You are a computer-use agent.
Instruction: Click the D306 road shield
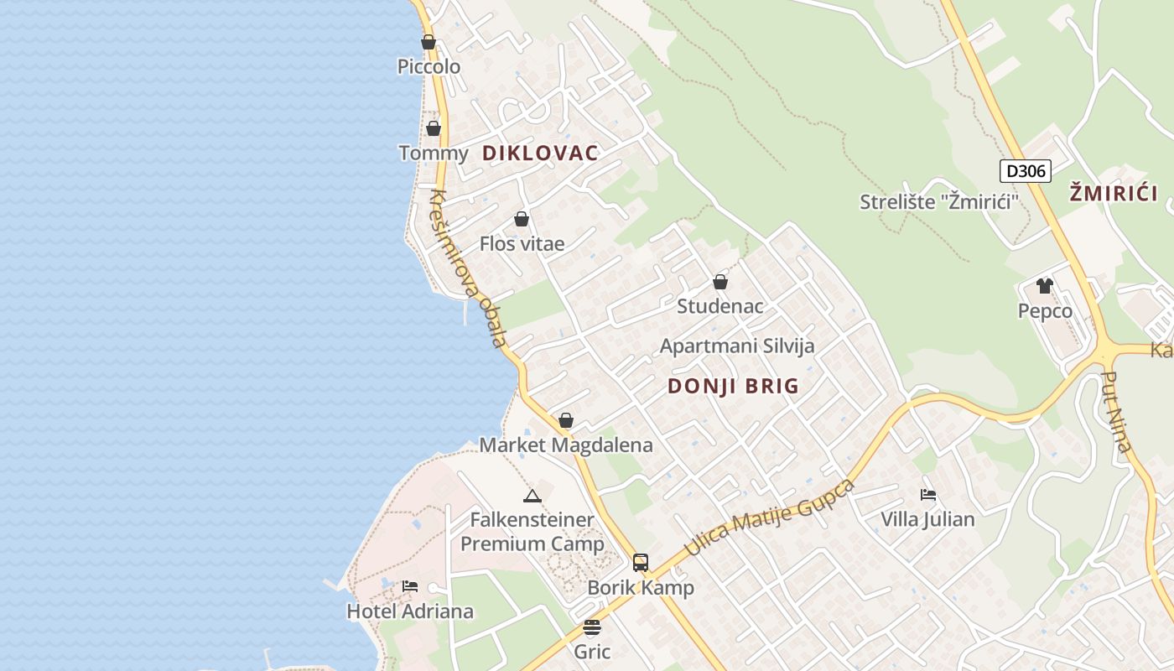click(x=1025, y=171)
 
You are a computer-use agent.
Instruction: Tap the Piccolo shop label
click(x=429, y=66)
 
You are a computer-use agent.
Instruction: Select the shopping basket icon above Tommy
click(x=433, y=128)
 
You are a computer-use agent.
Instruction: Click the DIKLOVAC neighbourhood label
click(x=540, y=153)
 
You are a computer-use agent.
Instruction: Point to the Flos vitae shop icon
click(x=522, y=219)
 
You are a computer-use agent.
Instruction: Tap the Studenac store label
click(x=720, y=306)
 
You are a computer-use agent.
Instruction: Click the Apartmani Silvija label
click(x=737, y=346)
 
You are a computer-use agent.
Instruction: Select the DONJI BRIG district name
click(x=733, y=386)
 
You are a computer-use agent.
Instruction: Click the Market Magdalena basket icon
click(x=566, y=420)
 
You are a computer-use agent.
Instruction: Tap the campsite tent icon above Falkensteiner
click(x=532, y=496)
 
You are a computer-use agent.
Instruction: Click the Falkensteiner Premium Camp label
click(x=532, y=532)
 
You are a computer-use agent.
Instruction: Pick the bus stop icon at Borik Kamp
click(x=641, y=563)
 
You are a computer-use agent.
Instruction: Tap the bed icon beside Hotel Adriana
click(x=410, y=586)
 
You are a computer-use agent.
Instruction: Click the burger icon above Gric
click(x=592, y=627)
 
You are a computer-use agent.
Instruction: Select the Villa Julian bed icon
click(x=927, y=495)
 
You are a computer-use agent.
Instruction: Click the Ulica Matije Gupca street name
click(x=770, y=518)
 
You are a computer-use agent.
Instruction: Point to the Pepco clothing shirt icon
click(x=1044, y=286)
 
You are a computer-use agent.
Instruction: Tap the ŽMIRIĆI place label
click(x=1113, y=194)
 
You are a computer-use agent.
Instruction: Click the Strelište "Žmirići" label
click(x=939, y=201)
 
